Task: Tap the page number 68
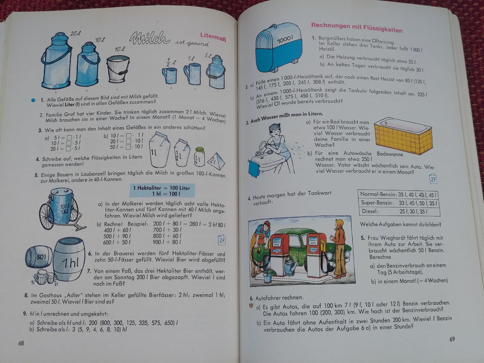click(21, 343)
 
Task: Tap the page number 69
click(452, 339)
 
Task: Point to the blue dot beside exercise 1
click(33, 100)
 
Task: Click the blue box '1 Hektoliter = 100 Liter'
click(162, 191)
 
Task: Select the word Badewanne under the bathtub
click(390, 154)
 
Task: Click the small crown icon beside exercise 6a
click(251, 305)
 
